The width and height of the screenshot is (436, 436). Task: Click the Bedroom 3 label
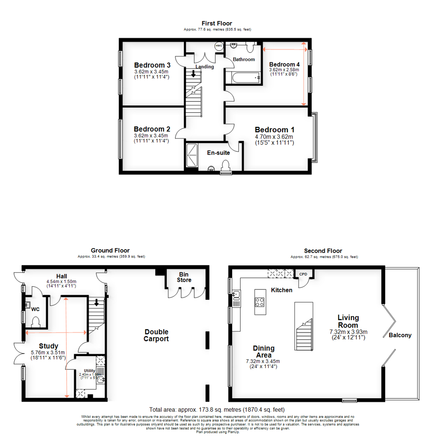click(152, 65)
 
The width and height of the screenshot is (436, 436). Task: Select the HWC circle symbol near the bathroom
click(219, 46)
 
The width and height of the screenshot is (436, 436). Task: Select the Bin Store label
click(185, 277)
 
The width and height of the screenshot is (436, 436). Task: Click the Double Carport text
click(156, 335)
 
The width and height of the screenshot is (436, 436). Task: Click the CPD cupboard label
click(303, 274)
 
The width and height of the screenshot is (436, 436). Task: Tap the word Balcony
click(400, 335)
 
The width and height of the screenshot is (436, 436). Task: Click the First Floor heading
click(218, 23)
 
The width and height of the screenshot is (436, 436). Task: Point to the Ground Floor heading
click(110, 251)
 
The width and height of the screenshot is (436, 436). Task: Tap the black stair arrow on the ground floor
click(96, 302)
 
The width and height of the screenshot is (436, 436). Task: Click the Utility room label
click(89, 370)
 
